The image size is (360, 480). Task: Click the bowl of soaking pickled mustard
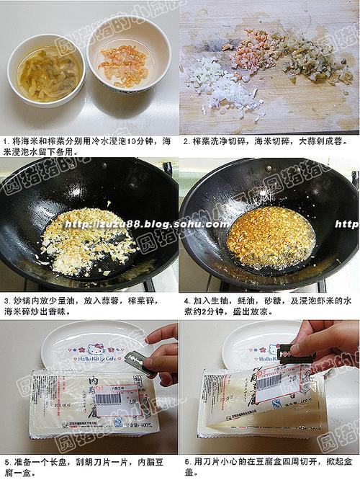[x=45, y=71]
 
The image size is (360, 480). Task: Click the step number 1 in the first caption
[x=5, y=141]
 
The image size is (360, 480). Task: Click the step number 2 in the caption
[x=186, y=141]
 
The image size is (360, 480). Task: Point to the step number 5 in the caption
[x=6, y=461]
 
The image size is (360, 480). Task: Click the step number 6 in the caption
[x=186, y=461]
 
